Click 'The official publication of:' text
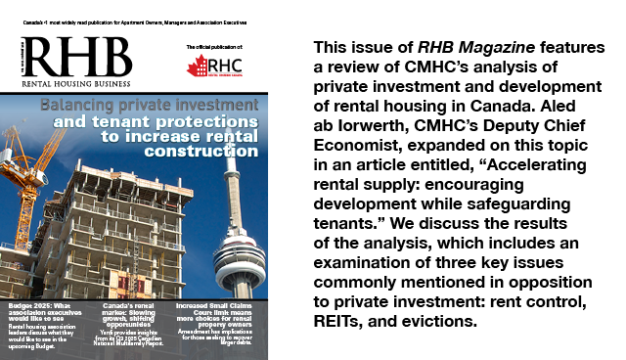coord(215,46)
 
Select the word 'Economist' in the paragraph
coord(357,153)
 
